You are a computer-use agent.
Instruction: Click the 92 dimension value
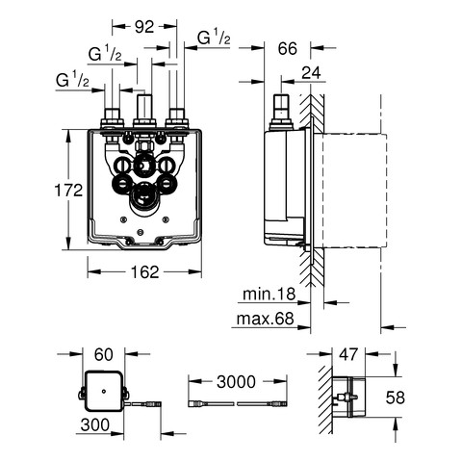[144, 27]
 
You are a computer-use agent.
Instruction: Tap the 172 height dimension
[68, 191]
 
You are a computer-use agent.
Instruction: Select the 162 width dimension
[145, 272]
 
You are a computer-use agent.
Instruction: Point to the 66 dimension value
[288, 48]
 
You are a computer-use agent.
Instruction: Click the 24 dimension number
[311, 73]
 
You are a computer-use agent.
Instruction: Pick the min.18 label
[269, 294]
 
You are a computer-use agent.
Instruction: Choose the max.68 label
[265, 319]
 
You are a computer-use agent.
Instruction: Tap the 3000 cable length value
[236, 382]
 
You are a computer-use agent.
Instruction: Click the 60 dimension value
[104, 354]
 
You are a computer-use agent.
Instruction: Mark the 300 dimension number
[95, 425]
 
